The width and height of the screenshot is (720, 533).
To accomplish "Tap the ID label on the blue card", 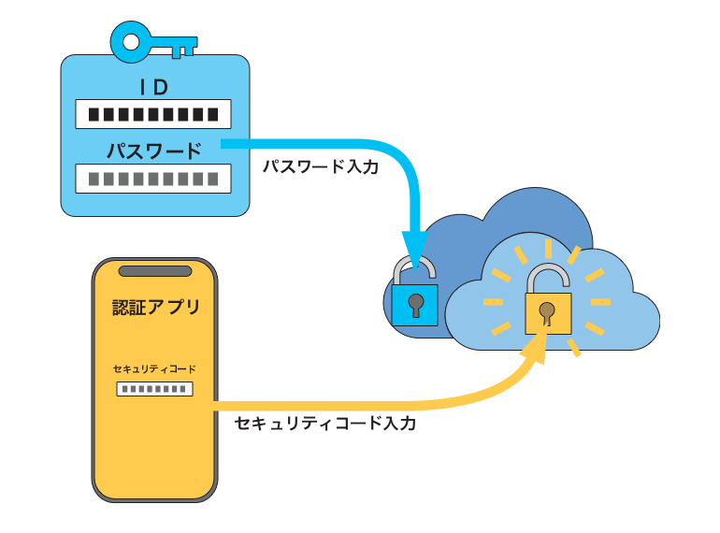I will (153, 88).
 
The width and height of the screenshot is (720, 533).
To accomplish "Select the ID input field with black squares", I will (153, 114).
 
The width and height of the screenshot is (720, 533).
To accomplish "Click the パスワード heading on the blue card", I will (153, 151).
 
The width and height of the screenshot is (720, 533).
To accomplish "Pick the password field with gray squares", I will (153, 179).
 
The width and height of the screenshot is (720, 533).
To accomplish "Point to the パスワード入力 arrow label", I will (321, 168).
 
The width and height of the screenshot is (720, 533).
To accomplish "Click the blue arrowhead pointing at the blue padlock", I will (414, 244).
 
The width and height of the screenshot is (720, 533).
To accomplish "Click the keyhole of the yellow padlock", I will (548, 310).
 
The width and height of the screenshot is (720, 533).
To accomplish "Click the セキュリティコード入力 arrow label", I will (325, 424).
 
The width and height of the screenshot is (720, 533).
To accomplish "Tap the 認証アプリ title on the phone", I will (155, 307).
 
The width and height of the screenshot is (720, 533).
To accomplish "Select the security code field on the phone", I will (154, 388).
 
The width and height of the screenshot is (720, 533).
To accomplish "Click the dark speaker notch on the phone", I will (154, 271).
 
